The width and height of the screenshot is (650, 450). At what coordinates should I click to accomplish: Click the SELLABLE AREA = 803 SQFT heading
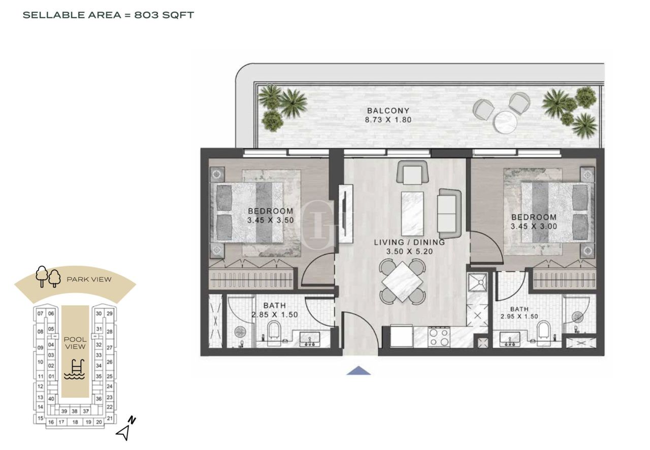point(109,15)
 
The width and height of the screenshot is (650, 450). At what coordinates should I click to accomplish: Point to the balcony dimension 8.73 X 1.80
point(388,120)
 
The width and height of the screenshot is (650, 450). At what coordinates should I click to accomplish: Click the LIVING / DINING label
point(409,242)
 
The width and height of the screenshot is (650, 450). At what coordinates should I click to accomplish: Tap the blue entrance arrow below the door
point(359,371)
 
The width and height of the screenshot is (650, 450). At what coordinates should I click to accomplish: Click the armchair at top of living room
point(412,173)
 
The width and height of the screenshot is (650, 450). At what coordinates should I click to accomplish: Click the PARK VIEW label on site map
point(89,279)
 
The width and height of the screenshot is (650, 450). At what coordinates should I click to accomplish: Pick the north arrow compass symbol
point(125,429)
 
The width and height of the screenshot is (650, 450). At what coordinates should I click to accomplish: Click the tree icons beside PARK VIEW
point(48,277)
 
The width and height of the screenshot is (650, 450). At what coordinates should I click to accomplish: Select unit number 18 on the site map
point(75,422)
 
